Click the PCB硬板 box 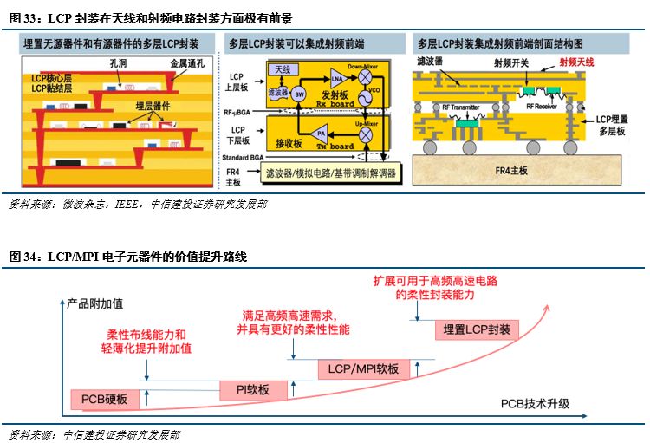coord(104,400)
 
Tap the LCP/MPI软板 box coord(363,369)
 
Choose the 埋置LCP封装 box coord(476,329)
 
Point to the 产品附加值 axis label coord(95,303)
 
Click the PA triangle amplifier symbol coord(320,135)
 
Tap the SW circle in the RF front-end coord(300,94)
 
